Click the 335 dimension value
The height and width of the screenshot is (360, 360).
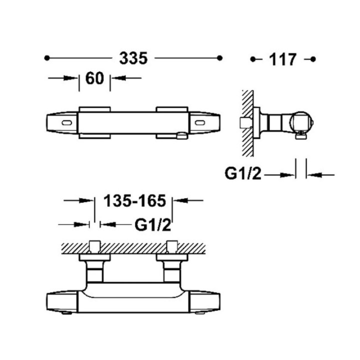(x=133, y=58)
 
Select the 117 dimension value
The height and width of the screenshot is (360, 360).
(x=282, y=59)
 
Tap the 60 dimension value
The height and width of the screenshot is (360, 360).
(x=94, y=78)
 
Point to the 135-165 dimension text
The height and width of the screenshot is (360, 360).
(x=135, y=201)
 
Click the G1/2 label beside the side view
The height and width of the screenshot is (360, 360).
(x=243, y=173)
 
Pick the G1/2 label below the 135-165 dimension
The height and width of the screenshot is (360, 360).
(x=153, y=225)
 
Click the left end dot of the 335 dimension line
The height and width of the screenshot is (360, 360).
(x=47, y=58)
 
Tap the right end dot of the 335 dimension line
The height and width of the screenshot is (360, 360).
(x=219, y=58)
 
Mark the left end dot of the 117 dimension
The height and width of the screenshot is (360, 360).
(x=253, y=59)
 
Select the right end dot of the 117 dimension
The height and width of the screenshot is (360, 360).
(x=313, y=59)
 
